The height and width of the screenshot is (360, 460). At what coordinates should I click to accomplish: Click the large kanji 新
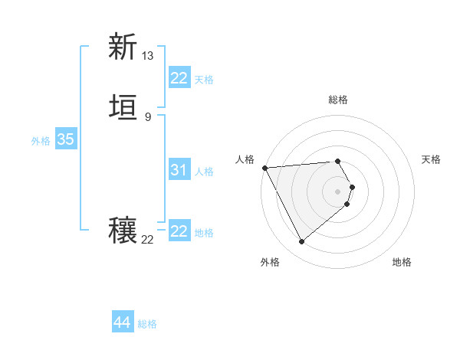[123, 47]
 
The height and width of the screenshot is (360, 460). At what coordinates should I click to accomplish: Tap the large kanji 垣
[123, 108]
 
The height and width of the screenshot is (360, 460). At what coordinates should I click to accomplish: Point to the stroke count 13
[148, 56]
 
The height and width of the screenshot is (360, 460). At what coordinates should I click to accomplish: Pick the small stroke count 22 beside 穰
[148, 240]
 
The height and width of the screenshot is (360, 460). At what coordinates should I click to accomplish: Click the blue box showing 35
[65, 139]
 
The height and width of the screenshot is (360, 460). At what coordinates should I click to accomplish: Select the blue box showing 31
[179, 170]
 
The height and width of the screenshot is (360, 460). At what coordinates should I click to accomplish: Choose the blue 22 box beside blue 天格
[179, 78]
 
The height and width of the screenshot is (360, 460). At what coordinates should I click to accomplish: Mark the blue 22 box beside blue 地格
[179, 231]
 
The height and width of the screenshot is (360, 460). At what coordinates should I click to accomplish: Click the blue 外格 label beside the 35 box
[41, 141]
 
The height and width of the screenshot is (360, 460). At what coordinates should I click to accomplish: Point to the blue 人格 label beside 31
[204, 172]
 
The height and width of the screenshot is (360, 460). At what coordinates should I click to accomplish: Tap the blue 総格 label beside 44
[147, 324]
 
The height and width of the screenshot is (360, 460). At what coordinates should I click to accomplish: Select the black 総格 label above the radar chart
[338, 100]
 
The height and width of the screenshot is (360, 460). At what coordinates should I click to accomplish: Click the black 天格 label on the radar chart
[432, 159]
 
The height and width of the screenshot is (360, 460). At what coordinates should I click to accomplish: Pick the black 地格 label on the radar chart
[402, 263]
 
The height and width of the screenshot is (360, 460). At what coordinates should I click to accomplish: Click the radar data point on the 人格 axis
[264, 167]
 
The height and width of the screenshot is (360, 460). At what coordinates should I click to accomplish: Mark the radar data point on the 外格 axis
[301, 242]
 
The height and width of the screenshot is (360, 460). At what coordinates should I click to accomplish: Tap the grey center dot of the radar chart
[338, 191]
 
